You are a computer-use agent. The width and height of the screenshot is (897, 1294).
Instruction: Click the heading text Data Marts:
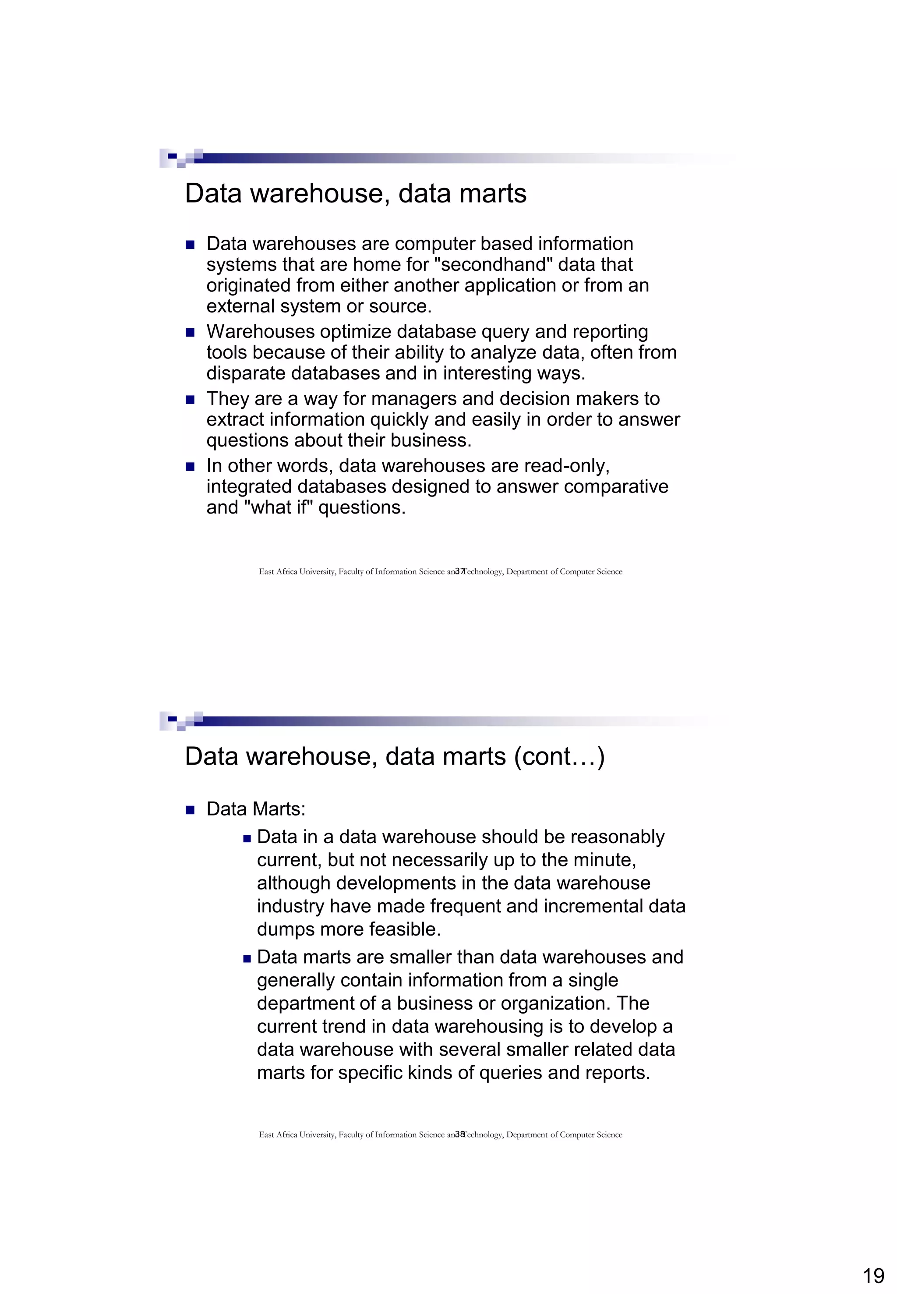click(x=256, y=809)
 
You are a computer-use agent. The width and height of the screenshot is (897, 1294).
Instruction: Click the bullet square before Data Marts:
click(x=190, y=810)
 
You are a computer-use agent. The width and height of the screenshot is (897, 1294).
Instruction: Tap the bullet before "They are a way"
click(x=190, y=400)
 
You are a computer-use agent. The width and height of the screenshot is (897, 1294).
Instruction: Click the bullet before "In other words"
click(x=190, y=467)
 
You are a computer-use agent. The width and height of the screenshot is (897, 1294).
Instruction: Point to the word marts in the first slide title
click(x=493, y=193)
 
